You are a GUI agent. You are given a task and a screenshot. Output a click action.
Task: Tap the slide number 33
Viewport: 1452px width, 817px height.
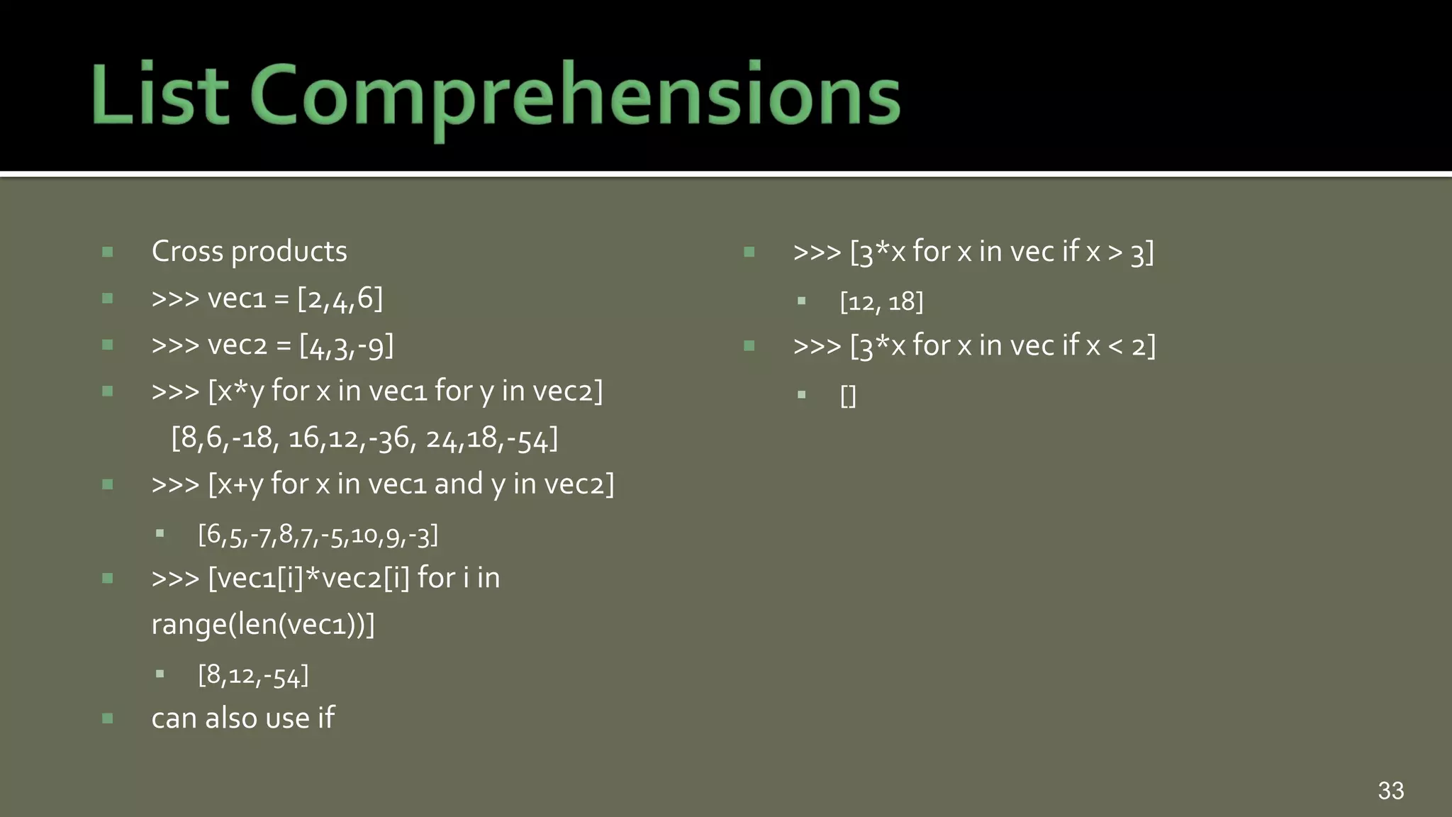point(1390,790)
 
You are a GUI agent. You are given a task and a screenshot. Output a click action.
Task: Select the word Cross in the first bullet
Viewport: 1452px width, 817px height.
point(187,252)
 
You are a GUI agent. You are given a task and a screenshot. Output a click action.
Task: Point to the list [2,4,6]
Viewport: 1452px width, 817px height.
point(340,299)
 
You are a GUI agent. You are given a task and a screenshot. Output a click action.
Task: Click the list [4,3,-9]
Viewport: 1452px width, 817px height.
point(346,346)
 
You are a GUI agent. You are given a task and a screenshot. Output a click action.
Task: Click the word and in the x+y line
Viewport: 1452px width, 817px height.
point(458,484)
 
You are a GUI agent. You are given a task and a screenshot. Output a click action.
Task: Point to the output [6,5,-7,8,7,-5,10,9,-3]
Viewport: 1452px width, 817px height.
point(318,535)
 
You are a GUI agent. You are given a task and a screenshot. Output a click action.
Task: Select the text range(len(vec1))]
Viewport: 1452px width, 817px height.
point(263,625)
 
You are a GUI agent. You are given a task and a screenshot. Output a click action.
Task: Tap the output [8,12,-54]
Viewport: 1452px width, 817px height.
point(253,675)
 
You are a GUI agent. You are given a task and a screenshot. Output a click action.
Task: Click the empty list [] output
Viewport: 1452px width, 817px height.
point(848,396)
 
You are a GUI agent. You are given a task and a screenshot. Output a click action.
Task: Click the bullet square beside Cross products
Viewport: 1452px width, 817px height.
point(108,252)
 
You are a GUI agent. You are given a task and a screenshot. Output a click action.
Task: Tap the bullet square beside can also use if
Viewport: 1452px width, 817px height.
point(108,718)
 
